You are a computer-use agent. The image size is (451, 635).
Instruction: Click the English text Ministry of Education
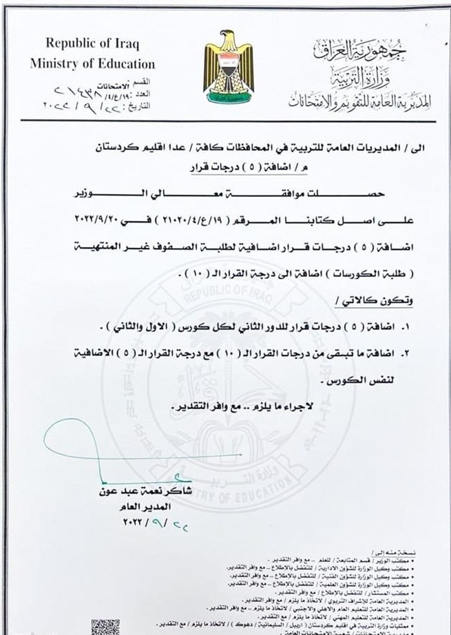(x=93, y=64)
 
